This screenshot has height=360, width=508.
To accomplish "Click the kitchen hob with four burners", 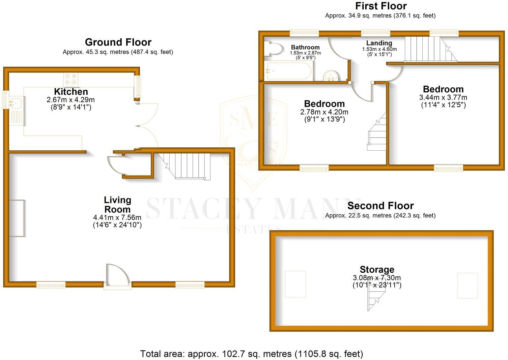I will (x=71, y=79).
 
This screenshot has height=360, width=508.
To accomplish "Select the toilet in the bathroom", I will (x=273, y=49).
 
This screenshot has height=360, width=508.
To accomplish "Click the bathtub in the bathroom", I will (x=288, y=71).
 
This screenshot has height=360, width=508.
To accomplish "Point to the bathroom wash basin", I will (x=331, y=76).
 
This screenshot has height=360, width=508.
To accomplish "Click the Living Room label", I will (x=117, y=205).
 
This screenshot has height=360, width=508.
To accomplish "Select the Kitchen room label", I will (x=71, y=92).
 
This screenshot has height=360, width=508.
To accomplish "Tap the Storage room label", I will (x=377, y=270).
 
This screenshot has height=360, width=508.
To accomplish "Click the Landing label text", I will (x=379, y=43).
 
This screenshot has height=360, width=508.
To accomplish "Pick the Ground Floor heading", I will (x=118, y=42).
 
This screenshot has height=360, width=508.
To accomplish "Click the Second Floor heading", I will (x=380, y=206).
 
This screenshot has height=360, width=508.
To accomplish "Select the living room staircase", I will (x=186, y=166).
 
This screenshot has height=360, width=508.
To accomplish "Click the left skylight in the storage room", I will (x=295, y=284).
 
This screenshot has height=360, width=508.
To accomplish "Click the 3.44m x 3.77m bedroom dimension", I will (x=443, y=97).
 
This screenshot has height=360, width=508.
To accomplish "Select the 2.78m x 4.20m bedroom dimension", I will (x=324, y=112).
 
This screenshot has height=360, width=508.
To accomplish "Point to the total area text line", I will (x=251, y=354).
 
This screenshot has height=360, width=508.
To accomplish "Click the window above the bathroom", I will (x=304, y=33).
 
